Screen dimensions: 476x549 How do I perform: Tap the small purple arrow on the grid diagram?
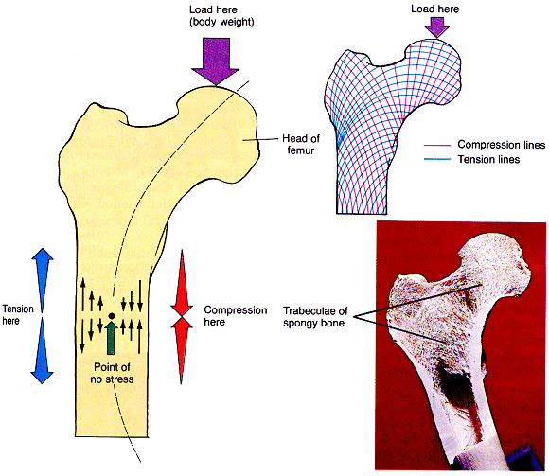[x=435, y=29]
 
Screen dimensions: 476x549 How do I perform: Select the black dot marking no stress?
[x=113, y=315]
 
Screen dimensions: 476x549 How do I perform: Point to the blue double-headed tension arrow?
[x=42, y=315]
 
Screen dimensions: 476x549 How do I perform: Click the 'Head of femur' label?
[x=301, y=148]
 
